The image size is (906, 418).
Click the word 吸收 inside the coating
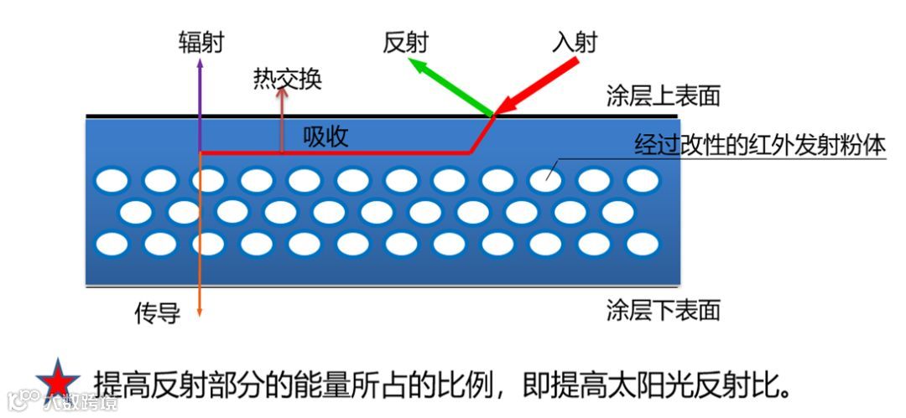[x=325, y=137]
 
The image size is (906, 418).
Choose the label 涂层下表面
[x=664, y=311]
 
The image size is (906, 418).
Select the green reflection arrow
[x=450, y=85]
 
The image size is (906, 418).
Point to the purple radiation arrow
[x=200, y=101]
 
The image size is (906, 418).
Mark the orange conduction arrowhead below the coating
[x=200, y=312]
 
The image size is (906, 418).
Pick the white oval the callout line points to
[x=545, y=179]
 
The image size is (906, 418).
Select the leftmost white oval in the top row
[x=111, y=179]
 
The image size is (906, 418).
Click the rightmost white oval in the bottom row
[x=643, y=244]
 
